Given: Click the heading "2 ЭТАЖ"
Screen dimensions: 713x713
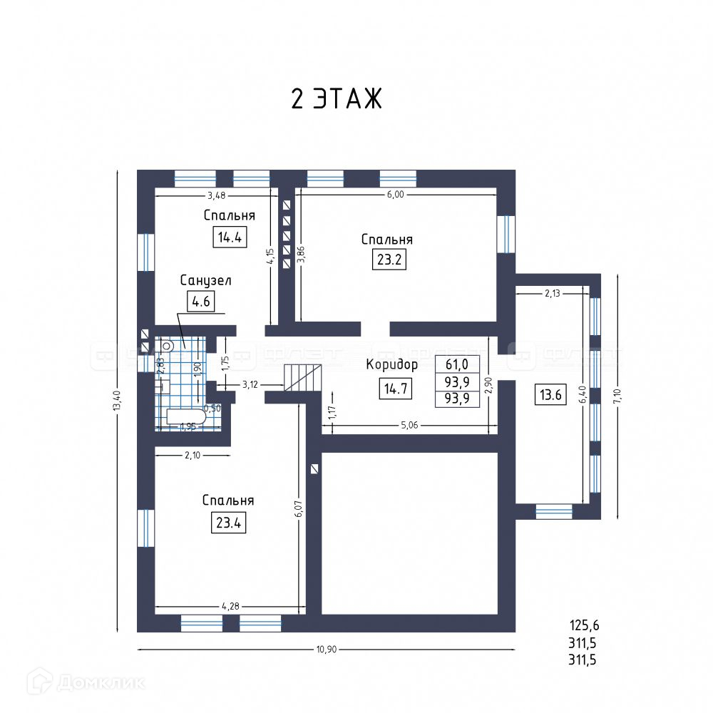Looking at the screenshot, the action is coord(337,99).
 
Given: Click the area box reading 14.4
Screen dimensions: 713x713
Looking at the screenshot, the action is coord(230,237).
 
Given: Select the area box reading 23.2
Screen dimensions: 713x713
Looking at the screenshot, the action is coord(389,259).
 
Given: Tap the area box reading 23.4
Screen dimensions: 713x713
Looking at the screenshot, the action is coord(227,523).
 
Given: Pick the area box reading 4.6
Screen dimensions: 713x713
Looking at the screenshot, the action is coord(200,302).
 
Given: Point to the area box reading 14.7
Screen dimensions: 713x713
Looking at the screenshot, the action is coord(395,389).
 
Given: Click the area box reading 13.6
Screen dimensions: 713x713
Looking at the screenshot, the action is coord(550,394).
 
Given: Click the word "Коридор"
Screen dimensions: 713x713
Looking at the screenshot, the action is coord(391,364).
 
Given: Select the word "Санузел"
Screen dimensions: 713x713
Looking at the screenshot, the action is coord(205,280).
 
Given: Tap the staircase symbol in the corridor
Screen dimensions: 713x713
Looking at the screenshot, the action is coord(303,376).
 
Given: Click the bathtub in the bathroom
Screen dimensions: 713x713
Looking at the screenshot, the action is coord(185,418).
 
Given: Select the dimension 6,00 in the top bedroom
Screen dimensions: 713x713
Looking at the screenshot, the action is coord(396,194).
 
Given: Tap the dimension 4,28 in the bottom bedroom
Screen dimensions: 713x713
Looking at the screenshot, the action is coord(230,606).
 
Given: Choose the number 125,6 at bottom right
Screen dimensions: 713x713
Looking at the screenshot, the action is coord(584,626).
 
